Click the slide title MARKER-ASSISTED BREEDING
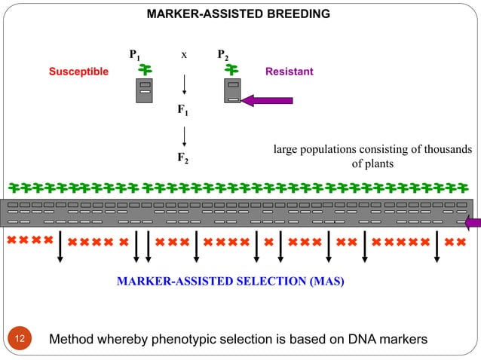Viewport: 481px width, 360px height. tap(237, 14)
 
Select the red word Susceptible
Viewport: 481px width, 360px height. tap(78, 72)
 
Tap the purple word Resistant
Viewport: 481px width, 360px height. tap(290, 72)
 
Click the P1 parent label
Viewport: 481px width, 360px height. tap(134, 55)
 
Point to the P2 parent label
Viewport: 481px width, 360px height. tap(223, 55)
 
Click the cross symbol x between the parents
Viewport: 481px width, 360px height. tap(183, 54)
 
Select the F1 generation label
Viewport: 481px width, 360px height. tap(182, 111)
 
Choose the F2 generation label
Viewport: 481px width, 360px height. tap(182, 159)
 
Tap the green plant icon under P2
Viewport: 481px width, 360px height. tap(233, 70)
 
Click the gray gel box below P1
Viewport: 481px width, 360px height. tap(145, 91)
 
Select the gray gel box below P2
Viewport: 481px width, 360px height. tap(233, 91)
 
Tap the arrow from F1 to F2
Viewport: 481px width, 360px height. tap(184, 136)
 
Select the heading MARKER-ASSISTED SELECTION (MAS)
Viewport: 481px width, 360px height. tap(231, 282)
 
